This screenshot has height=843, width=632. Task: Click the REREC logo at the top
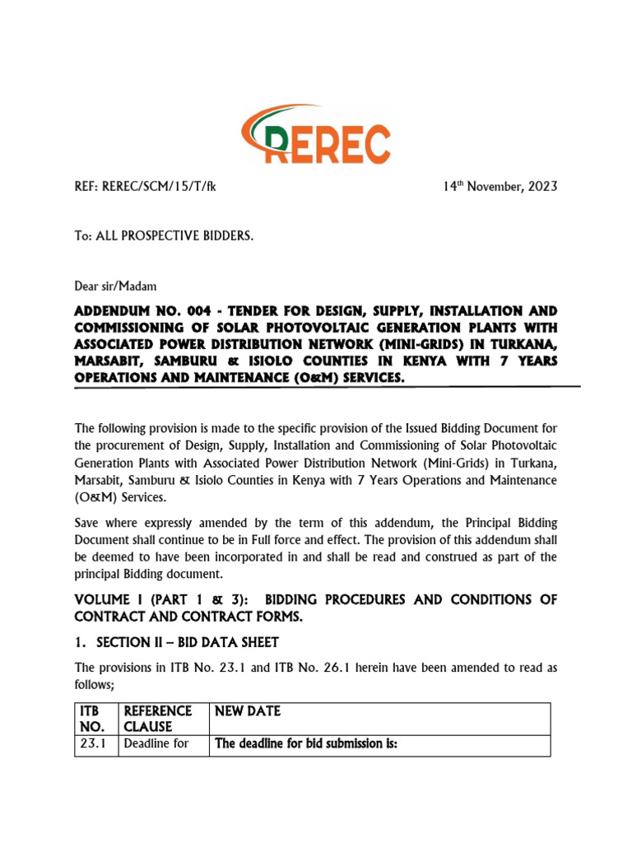[315, 136]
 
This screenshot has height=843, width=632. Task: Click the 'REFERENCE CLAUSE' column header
[158, 718]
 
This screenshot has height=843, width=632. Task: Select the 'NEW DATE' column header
[248, 710]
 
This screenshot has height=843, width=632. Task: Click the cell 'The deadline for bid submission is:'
[306, 746]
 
